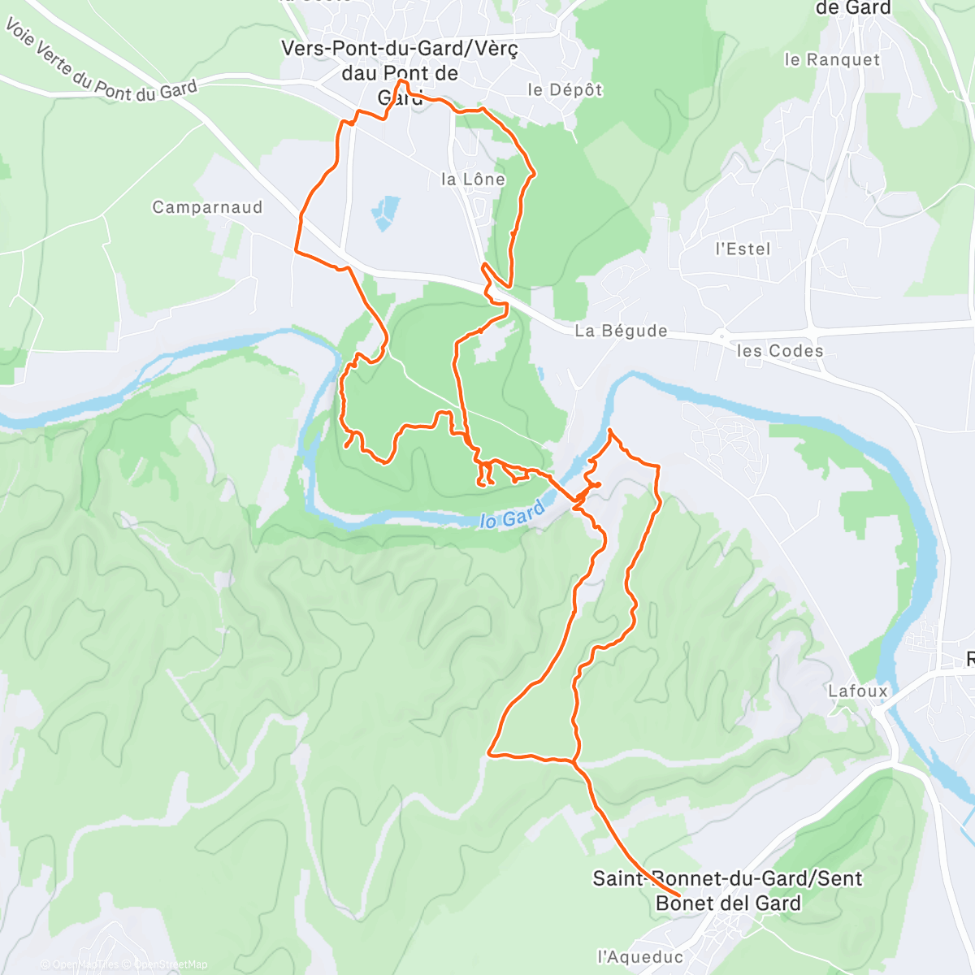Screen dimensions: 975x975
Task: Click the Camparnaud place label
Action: tap(207, 207)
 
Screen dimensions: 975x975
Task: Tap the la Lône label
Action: tap(473, 180)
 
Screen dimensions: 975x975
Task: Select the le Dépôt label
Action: tap(565, 89)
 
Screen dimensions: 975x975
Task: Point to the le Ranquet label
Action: tap(832, 59)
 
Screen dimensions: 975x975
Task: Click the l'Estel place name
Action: tap(743, 249)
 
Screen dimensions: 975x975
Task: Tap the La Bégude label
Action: tap(621, 331)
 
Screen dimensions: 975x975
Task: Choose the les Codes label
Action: tap(780, 351)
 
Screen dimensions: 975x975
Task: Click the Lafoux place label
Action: tap(858, 691)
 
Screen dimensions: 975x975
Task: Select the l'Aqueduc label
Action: tap(640, 956)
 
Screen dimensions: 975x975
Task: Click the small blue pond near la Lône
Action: tap(386, 211)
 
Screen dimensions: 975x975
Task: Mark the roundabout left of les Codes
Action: tap(721, 334)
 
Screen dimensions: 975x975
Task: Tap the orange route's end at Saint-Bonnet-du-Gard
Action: tap(678, 895)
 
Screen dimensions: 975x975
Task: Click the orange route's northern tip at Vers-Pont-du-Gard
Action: tap(401, 82)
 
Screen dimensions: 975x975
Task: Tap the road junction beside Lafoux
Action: tap(877, 711)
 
